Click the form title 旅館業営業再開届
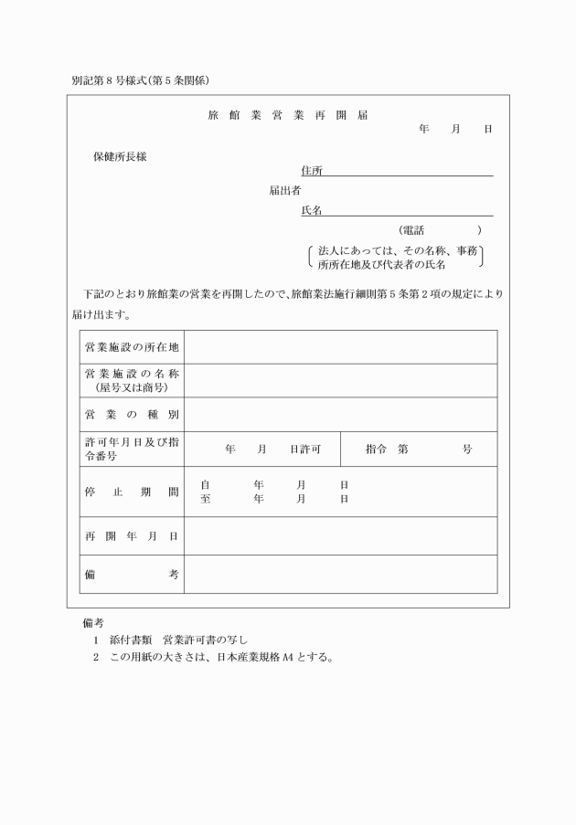click(x=288, y=116)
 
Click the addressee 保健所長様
click(x=120, y=156)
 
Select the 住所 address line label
click(x=312, y=171)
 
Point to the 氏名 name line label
click(x=312, y=211)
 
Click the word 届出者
click(x=285, y=191)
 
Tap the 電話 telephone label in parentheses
click(x=412, y=230)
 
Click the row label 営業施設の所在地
click(x=131, y=347)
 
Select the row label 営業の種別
click(x=131, y=415)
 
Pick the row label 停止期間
click(x=131, y=492)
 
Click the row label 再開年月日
click(x=131, y=535)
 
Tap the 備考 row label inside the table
click(x=131, y=574)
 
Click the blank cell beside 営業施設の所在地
click(x=340, y=347)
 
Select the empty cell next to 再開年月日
click(x=340, y=535)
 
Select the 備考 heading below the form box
click(x=93, y=622)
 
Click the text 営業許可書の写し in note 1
click(x=206, y=639)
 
